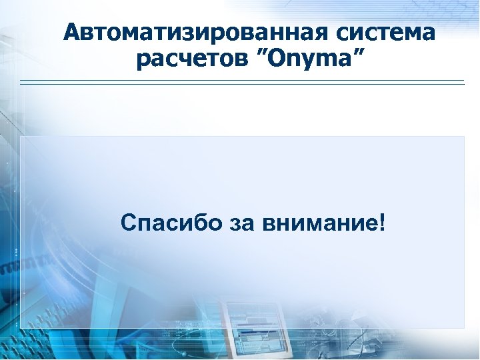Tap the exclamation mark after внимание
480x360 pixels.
381,222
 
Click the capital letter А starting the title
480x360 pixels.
73,32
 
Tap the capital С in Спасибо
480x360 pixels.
129,223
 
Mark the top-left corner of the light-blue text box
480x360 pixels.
21,137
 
